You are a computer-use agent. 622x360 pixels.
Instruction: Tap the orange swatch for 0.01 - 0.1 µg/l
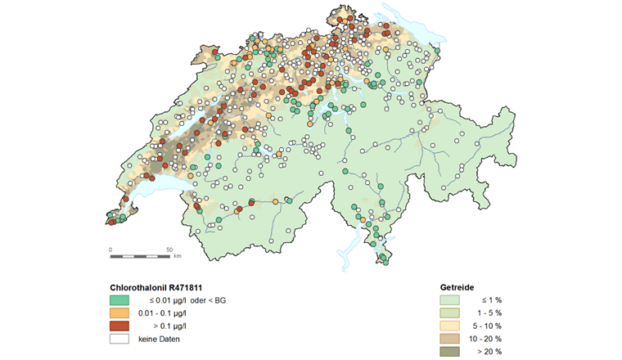[119, 313]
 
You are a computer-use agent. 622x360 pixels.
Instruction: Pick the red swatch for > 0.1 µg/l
[119, 326]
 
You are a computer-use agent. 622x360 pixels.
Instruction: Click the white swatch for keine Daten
[119, 339]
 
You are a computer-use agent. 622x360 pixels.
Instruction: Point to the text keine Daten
[159, 339]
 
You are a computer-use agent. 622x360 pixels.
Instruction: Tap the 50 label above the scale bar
[169, 249]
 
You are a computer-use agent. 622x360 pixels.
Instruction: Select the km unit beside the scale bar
[177, 256]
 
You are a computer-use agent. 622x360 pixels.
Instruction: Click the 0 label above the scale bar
[110, 249]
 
